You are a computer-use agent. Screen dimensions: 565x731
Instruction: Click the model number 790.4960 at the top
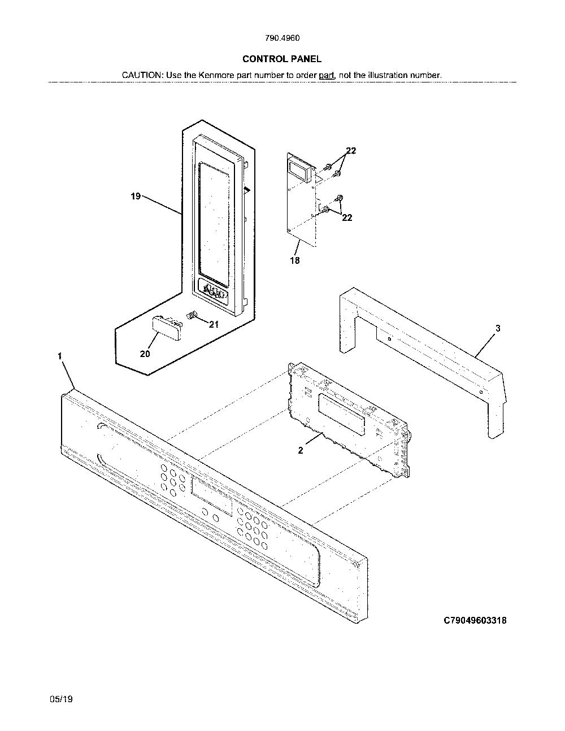pos(282,38)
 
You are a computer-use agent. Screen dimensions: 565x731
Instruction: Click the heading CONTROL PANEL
pos(282,59)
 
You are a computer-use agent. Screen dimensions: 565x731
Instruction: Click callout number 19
pos(136,197)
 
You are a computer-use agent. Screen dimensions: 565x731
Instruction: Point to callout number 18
pos(295,260)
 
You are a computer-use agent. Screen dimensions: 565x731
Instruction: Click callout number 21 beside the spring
pos(214,324)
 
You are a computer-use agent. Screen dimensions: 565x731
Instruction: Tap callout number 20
pos(145,354)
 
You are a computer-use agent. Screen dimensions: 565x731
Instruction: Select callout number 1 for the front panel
pos(60,356)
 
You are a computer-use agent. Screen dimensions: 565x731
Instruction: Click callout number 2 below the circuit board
pos(301,450)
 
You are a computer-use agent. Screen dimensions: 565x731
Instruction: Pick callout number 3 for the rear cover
pos(498,328)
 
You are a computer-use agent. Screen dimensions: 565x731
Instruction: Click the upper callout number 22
pos(351,151)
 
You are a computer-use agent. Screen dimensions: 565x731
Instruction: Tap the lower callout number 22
pos(347,217)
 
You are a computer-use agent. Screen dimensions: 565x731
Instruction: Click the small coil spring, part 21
pos(192,316)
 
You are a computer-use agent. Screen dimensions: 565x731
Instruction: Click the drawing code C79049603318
pos(475,620)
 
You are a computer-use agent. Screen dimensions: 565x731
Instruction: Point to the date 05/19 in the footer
pos(61,699)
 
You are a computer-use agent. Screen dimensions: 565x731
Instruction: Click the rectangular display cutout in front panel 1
pos(212,497)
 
